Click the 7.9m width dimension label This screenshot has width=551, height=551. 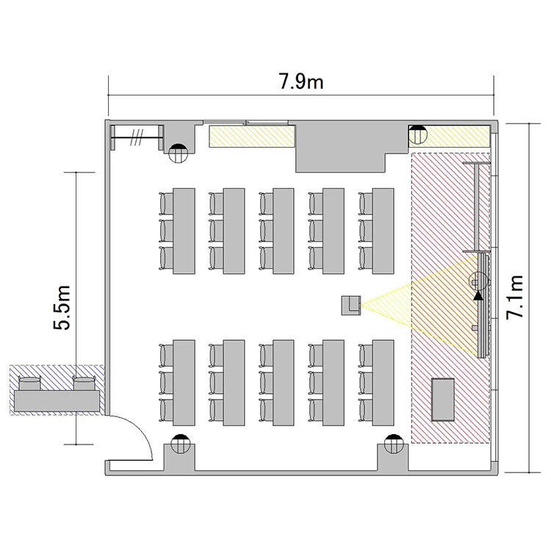(301, 81)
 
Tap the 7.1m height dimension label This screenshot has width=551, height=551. (515, 298)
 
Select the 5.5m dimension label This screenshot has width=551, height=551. (62, 308)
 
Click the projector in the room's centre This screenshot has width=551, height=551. (351, 306)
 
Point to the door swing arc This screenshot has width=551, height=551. (145, 430)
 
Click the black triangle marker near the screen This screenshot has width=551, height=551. (478, 295)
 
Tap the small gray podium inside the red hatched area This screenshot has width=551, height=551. (443, 400)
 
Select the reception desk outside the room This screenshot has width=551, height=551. (57, 401)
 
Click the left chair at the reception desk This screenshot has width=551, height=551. (30, 383)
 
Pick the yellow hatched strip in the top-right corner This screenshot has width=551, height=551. (450, 137)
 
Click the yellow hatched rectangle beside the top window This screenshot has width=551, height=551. (252, 137)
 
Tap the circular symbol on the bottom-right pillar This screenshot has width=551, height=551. (395, 444)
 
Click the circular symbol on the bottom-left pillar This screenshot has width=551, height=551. (180, 444)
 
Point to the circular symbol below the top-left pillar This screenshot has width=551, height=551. (179, 154)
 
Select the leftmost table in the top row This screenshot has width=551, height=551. (184, 231)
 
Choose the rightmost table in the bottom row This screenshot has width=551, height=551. (383, 383)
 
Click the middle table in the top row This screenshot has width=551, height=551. (284, 231)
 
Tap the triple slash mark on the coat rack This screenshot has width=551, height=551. (137, 137)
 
